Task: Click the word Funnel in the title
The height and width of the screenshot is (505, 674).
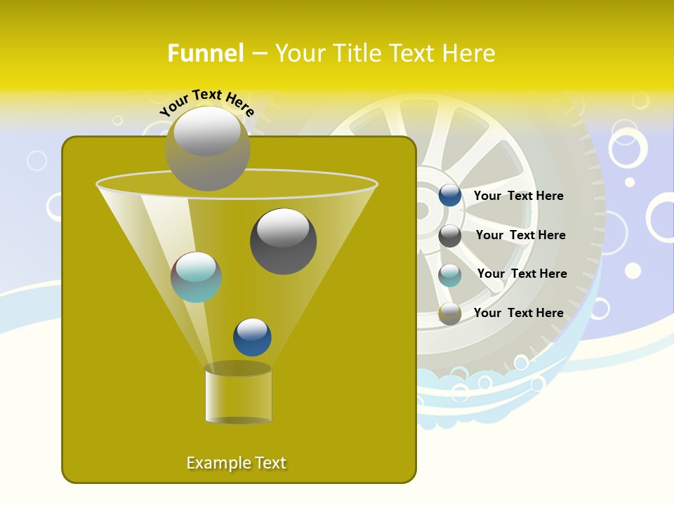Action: pyautogui.click(x=206, y=53)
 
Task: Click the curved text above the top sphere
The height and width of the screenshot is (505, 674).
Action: pyautogui.click(x=207, y=102)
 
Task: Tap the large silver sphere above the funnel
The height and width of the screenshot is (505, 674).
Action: pyautogui.click(x=207, y=148)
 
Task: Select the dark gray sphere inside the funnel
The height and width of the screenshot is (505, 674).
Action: pyautogui.click(x=283, y=241)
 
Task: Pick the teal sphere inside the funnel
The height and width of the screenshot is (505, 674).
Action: pyautogui.click(x=196, y=277)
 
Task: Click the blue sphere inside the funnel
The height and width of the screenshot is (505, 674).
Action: pyautogui.click(x=252, y=337)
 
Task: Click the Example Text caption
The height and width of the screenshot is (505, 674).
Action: pyautogui.click(x=236, y=463)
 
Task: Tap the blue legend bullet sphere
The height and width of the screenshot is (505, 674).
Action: pyautogui.click(x=449, y=196)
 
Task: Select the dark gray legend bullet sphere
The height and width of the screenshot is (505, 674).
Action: pyautogui.click(x=449, y=236)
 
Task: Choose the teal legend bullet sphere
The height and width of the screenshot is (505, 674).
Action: pyautogui.click(x=449, y=275)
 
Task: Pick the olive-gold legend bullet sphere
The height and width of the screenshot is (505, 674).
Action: pyautogui.click(x=449, y=314)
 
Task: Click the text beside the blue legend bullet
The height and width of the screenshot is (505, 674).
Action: pyautogui.click(x=518, y=196)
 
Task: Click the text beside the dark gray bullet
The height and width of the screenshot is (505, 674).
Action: pyautogui.click(x=520, y=235)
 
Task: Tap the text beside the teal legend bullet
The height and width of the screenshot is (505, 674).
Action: pyautogui.click(x=522, y=274)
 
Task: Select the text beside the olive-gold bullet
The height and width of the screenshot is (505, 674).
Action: pyautogui.click(x=518, y=313)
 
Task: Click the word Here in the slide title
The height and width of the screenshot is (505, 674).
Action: pyautogui.click(x=469, y=53)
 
